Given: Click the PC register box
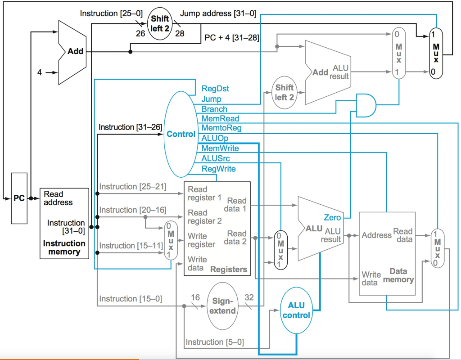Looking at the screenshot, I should (x=19, y=198).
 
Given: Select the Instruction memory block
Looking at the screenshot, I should (x=64, y=223).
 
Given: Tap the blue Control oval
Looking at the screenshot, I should (x=181, y=134).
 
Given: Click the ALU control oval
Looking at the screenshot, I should (x=296, y=310).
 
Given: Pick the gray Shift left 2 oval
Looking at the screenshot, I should (x=285, y=92).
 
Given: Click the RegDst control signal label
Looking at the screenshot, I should (x=215, y=89).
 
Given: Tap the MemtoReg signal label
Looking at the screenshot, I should (x=221, y=128).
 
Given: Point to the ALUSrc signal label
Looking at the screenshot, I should (x=216, y=158).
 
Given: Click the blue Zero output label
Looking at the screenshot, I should (x=332, y=218).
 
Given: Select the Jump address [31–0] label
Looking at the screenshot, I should (x=218, y=13).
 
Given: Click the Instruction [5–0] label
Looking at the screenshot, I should (x=215, y=342).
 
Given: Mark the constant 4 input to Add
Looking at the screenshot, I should (x=40, y=72).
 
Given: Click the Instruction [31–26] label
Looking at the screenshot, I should (x=130, y=127).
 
